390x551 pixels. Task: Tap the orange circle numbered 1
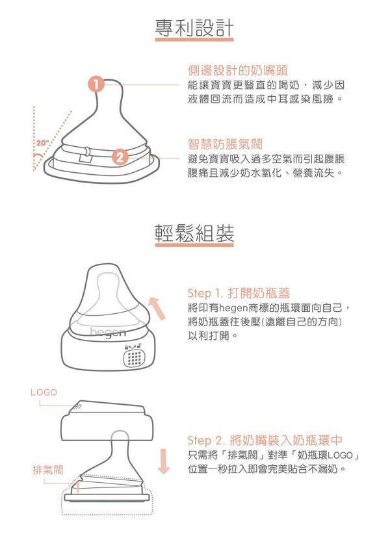(x=96, y=84)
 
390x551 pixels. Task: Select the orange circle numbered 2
(x=119, y=157)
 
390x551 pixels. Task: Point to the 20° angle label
(x=42, y=142)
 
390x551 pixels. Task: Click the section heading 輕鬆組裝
(x=194, y=233)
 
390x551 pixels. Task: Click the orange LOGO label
(x=44, y=392)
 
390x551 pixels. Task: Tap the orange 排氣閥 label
(x=48, y=468)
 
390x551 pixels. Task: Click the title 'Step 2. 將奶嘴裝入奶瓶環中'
(x=264, y=440)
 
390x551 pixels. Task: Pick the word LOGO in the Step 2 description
(x=341, y=454)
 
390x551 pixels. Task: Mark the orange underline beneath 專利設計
(x=194, y=41)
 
